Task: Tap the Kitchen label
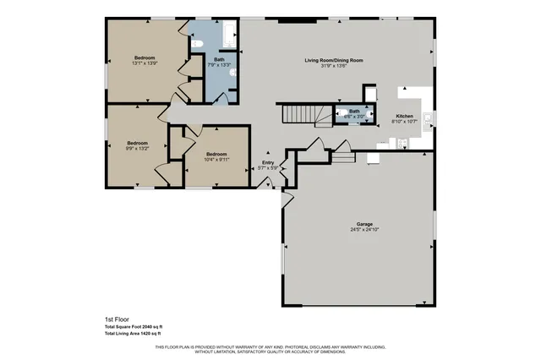405,116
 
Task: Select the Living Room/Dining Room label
334,61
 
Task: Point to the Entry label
268,162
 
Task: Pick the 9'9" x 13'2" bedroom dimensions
137,150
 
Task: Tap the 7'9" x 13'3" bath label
219,65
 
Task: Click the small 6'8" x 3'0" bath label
355,117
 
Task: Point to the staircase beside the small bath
302,113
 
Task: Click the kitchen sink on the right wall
428,117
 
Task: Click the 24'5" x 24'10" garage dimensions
362,230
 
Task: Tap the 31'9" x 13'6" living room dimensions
334,67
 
